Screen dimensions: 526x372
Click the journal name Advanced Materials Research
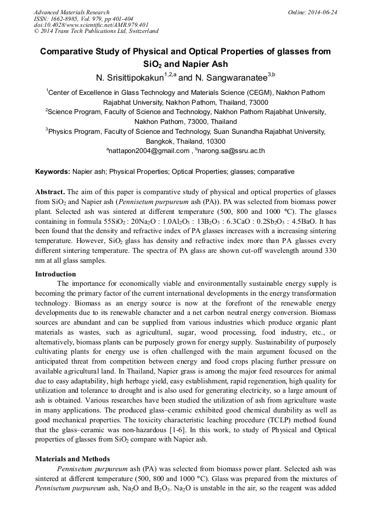(x=71, y=12)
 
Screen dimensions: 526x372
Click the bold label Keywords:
(x=52, y=172)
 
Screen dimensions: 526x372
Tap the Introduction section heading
(x=55, y=274)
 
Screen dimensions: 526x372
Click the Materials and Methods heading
(x=72, y=459)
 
